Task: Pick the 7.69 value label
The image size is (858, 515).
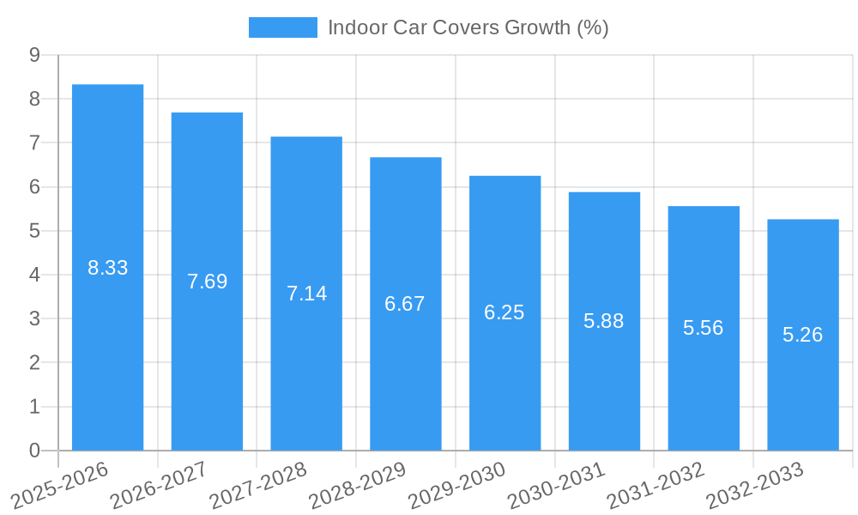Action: pos(207,282)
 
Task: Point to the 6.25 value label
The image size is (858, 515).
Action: pos(505,312)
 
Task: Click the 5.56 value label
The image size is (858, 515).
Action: pos(704,328)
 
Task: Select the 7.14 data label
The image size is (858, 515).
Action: pos(306,294)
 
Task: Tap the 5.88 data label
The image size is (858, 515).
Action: pos(604,321)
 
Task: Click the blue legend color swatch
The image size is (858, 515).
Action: pos(282,27)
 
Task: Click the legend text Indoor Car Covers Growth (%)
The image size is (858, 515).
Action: pos(468,27)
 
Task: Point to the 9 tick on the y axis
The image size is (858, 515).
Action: pos(35,55)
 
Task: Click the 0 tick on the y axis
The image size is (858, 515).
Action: pos(35,451)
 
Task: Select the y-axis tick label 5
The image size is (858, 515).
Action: pos(35,231)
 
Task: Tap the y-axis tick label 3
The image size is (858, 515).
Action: pos(35,318)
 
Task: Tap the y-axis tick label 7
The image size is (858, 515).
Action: pos(35,143)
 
